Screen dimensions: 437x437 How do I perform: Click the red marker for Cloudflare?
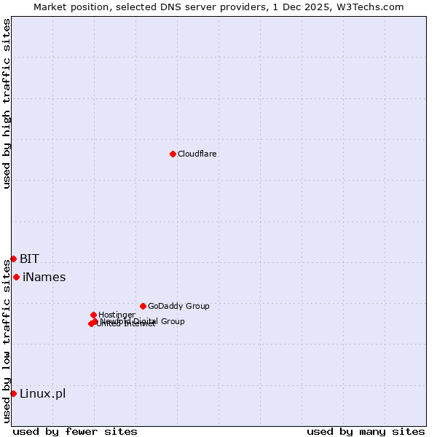point(173,154)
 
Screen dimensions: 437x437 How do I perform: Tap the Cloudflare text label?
point(197,154)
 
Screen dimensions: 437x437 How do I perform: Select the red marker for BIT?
point(13,259)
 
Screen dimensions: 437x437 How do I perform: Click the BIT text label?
point(29,259)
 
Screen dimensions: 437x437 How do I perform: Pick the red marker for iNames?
point(16,277)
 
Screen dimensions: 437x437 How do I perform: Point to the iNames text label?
point(44,277)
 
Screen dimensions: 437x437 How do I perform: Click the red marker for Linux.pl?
point(13,393)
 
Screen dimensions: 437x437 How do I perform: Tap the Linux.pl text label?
point(42,393)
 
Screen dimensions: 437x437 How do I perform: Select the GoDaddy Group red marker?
point(143,306)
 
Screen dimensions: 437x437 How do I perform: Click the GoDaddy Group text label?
point(178,306)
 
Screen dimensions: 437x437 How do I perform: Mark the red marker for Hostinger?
point(93,315)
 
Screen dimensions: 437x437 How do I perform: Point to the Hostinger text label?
point(117,315)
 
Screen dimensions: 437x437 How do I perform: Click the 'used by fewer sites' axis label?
point(75,431)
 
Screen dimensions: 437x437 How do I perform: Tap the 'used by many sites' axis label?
point(366,431)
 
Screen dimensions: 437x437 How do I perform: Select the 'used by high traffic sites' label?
point(7,103)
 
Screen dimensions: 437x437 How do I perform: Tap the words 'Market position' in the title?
point(66,7)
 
